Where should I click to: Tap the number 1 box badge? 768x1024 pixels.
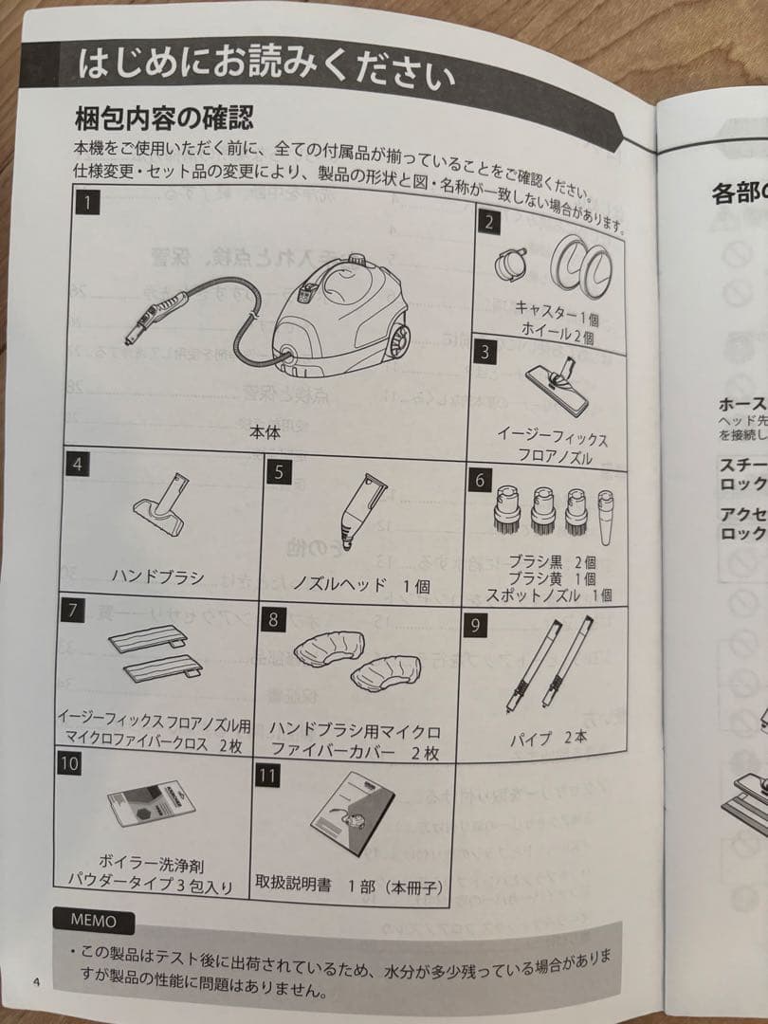tap(87, 201)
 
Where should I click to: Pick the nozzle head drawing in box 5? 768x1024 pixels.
tap(358, 519)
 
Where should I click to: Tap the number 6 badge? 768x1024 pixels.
tap(481, 479)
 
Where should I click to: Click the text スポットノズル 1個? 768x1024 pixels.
tap(548, 596)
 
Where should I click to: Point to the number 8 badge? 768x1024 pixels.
tap(273, 620)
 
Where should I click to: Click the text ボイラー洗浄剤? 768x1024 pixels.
tap(151, 865)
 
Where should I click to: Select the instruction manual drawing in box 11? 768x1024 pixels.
tap(351, 814)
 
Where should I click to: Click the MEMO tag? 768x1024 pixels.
tap(94, 920)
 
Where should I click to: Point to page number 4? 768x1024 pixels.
tap(35, 980)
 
